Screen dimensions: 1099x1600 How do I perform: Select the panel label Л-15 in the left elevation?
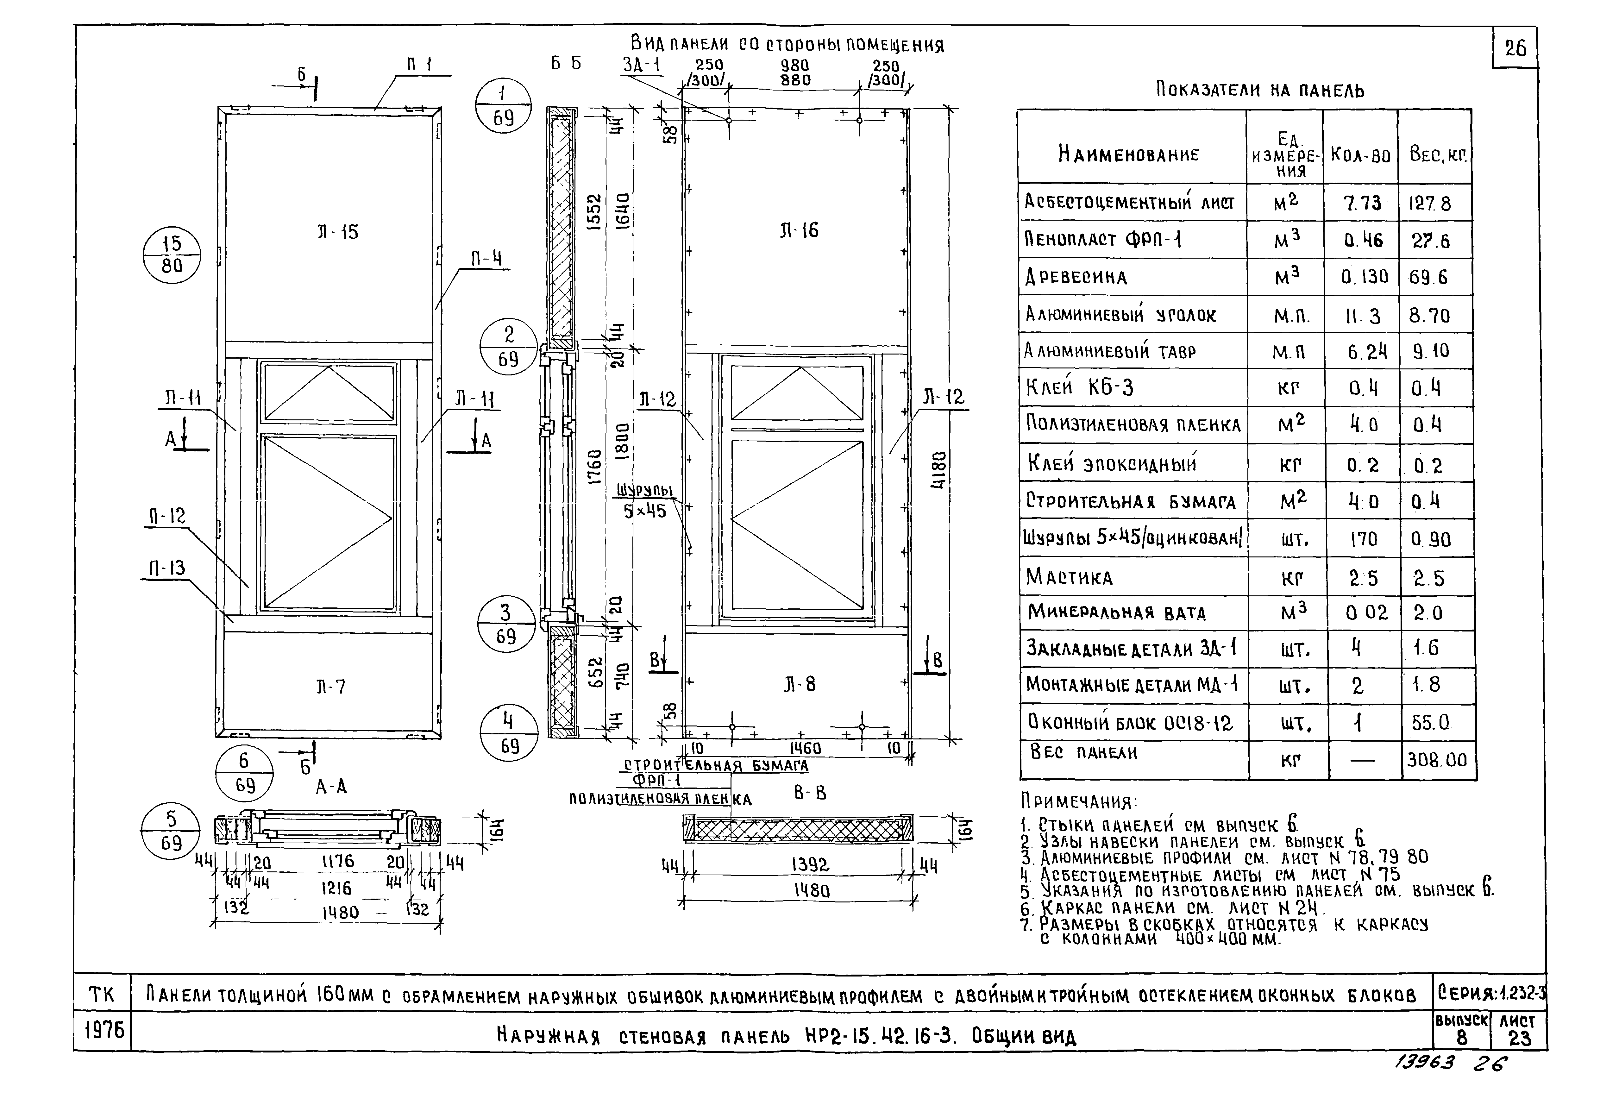337,231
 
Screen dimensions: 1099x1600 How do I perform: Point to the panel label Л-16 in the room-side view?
799,230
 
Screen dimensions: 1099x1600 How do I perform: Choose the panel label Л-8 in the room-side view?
799,684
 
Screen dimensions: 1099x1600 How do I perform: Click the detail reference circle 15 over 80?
172,255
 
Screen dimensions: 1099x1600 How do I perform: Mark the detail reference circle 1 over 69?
503,105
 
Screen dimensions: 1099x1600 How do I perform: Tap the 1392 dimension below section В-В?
810,865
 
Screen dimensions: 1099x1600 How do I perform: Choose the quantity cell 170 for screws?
1363,538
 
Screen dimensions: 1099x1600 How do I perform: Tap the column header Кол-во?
1360,154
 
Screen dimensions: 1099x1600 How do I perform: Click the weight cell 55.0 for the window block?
1430,722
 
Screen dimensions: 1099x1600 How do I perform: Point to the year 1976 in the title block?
104,1031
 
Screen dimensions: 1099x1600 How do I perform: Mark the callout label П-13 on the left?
167,568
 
